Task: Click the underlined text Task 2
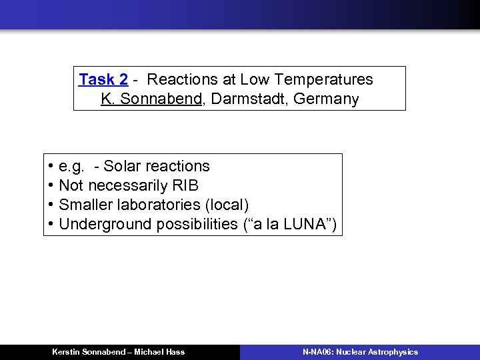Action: pyautogui.click(x=103, y=80)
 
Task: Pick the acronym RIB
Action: pyautogui.click(x=185, y=185)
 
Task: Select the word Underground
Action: pyautogui.click(x=105, y=224)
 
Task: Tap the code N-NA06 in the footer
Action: pyautogui.click(x=318, y=352)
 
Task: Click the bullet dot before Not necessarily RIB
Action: pyautogui.click(x=51, y=185)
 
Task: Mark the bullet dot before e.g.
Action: pyautogui.click(x=51, y=167)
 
